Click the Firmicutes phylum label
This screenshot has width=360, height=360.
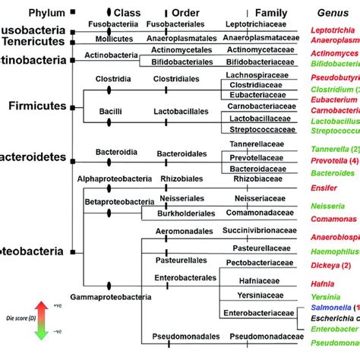pyautogui.click(x=36, y=107)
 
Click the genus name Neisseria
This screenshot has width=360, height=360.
pyautogui.click(x=327, y=206)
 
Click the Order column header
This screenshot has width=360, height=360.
pyautogui.click(x=185, y=13)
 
